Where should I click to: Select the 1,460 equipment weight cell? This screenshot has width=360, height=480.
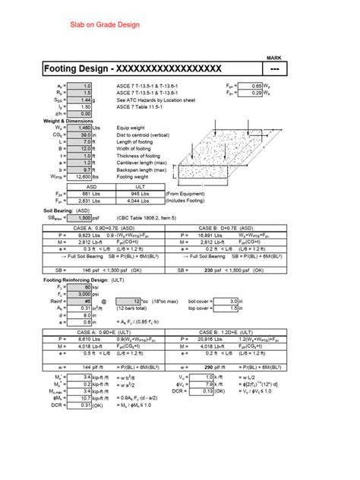[x=81, y=127]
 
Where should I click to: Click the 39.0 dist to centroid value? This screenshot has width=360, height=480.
[x=81, y=134]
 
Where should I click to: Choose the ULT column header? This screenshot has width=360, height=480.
[x=140, y=186]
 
